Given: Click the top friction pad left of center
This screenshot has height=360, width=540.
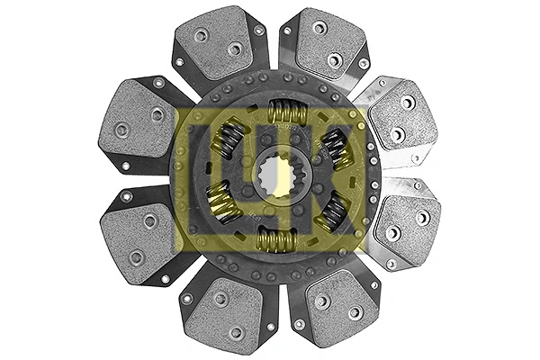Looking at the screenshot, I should [218, 42].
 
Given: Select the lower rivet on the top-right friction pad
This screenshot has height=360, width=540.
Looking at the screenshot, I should [335, 60].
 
